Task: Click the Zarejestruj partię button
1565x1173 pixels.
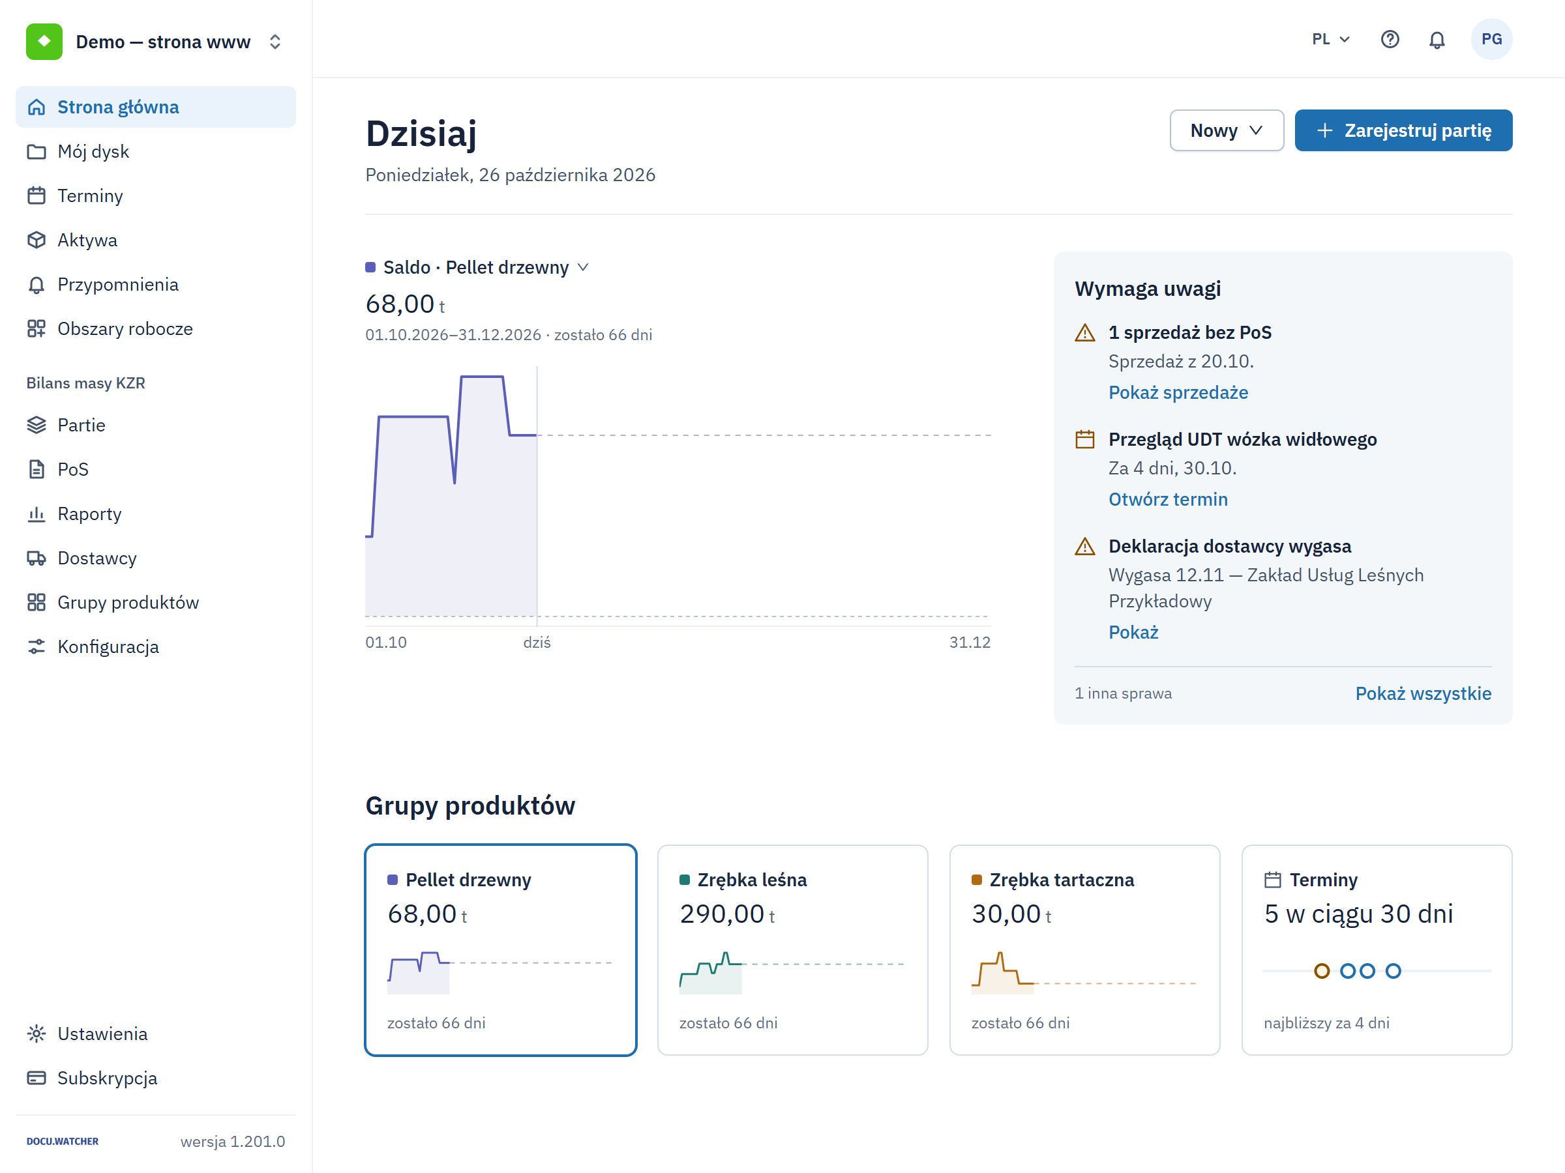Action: [x=1403, y=130]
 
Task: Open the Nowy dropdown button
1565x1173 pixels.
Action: [x=1226, y=130]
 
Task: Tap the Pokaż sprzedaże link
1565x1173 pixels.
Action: [x=1178, y=392]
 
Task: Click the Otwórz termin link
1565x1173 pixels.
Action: [x=1168, y=499]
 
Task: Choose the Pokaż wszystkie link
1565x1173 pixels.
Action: [x=1423, y=693]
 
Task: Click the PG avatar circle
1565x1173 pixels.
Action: [x=1491, y=39]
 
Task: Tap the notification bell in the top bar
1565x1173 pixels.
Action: [x=1437, y=40]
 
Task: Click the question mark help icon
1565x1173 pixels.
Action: [x=1390, y=39]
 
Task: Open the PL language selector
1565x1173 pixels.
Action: [x=1331, y=39]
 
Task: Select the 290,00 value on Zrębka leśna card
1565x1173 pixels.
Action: [x=722, y=914]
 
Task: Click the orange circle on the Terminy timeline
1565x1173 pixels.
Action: [x=1322, y=971]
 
